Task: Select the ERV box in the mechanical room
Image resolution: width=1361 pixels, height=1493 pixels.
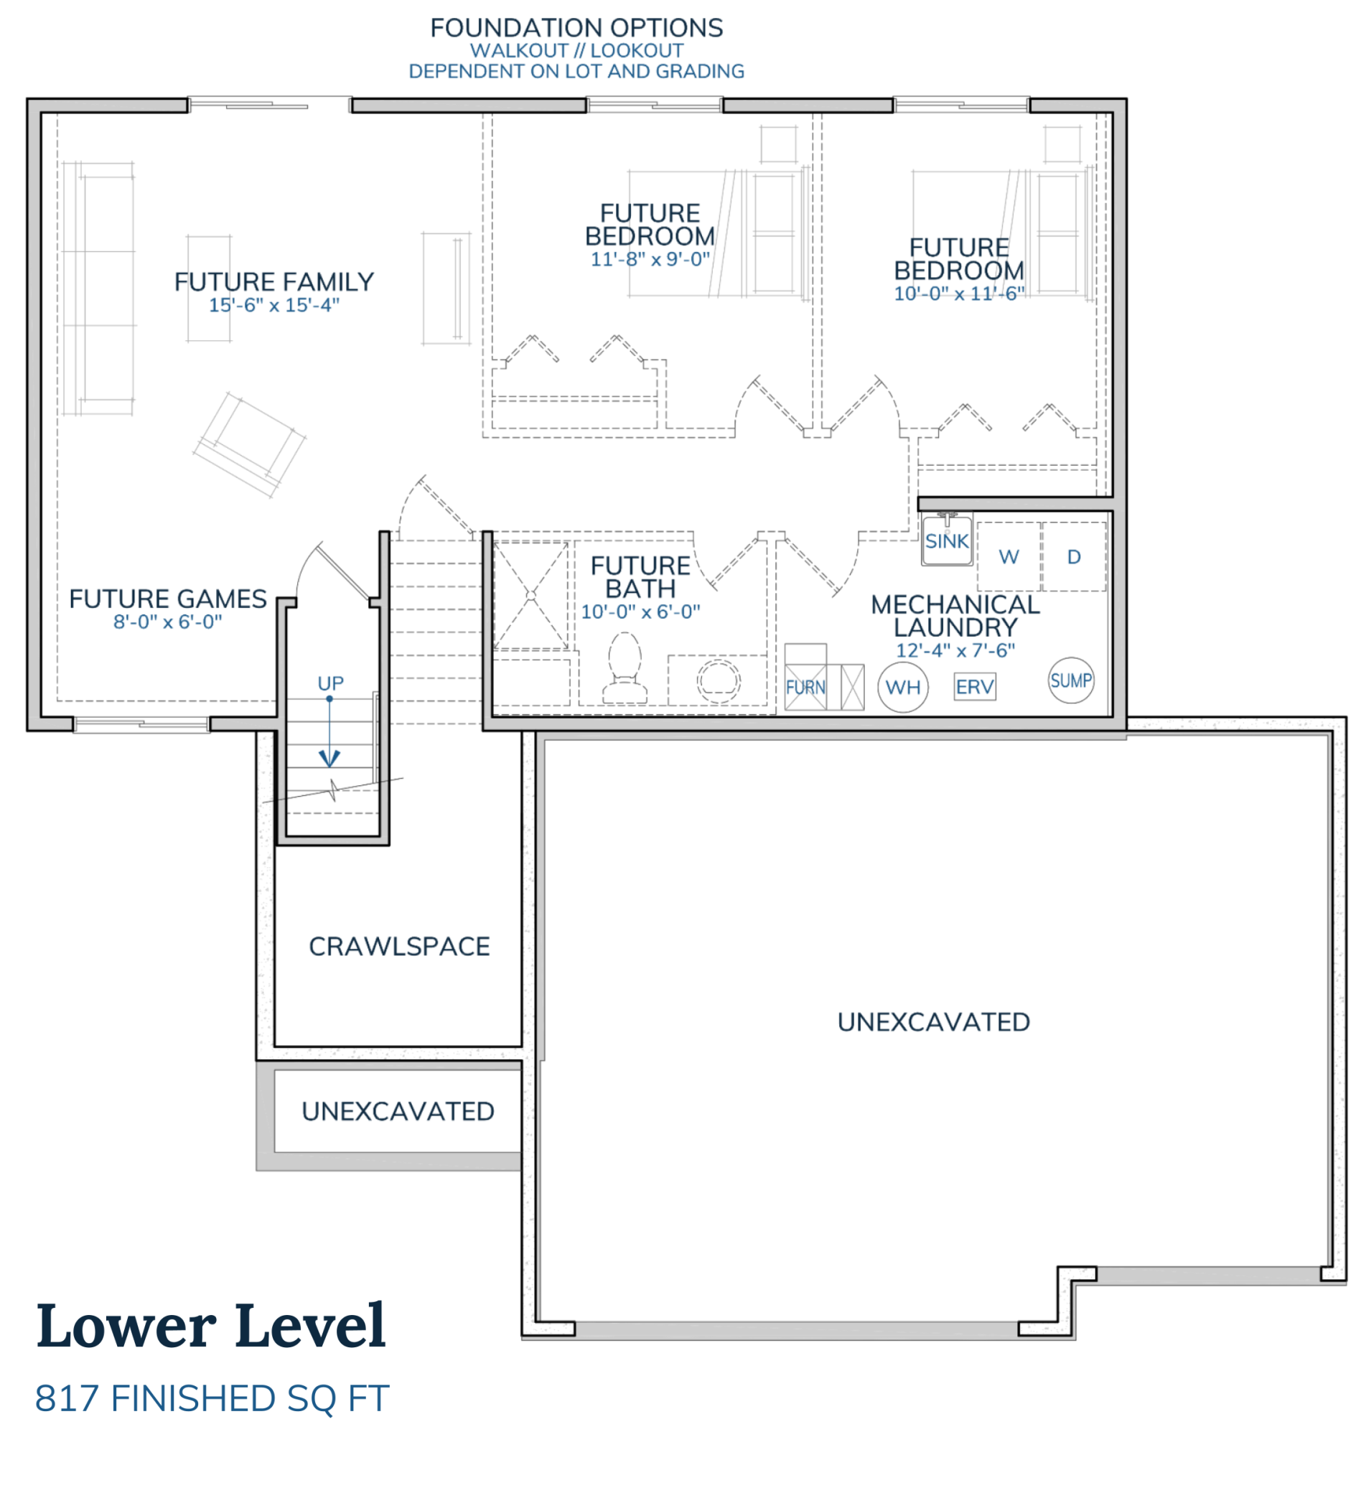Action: (x=975, y=686)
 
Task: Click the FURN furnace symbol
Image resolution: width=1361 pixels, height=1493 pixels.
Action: (x=805, y=686)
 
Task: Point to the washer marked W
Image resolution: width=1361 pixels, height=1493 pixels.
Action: (x=1009, y=556)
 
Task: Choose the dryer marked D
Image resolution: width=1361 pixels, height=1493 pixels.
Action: (x=1074, y=556)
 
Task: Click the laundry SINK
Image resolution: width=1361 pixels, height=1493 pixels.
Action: (x=947, y=540)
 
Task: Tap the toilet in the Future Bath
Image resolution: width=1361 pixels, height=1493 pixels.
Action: (x=625, y=668)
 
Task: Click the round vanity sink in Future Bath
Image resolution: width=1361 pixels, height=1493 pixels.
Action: (x=718, y=680)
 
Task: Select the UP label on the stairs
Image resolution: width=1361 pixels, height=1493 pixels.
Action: (x=330, y=683)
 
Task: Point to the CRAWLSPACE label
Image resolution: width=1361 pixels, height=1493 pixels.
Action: (x=399, y=947)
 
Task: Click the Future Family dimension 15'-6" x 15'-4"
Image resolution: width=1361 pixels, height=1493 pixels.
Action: (x=274, y=305)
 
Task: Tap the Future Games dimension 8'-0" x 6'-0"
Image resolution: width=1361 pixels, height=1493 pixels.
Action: (x=167, y=622)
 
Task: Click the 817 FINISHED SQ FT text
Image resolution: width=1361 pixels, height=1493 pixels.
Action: (x=212, y=1399)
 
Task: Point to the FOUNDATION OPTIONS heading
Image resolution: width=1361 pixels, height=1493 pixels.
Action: (x=576, y=27)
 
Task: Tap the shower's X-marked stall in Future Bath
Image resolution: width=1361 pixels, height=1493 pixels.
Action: (x=530, y=596)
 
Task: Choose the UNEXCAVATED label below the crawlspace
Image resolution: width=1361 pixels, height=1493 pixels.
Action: (x=398, y=1111)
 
